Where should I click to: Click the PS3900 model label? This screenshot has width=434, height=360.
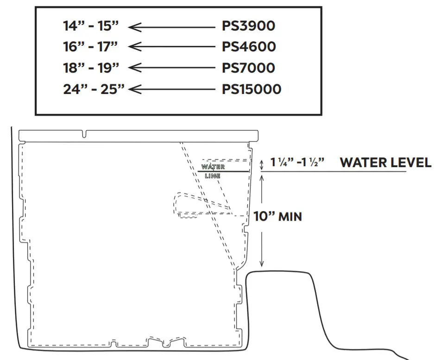(x=248, y=26)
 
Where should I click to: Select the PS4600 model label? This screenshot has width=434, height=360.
(x=249, y=47)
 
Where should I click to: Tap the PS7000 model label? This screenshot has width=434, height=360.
(x=248, y=68)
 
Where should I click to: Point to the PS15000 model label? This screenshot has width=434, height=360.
(x=252, y=89)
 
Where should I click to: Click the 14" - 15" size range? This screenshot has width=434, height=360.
(x=91, y=26)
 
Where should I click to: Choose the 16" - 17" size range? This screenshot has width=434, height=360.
(x=91, y=47)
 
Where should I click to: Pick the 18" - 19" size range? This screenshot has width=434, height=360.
(x=91, y=68)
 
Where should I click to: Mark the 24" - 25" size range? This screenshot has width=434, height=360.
(x=94, y=89)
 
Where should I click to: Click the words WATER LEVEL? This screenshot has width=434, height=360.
(x=385, y=163)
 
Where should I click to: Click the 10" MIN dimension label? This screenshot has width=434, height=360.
(x=277, y=216)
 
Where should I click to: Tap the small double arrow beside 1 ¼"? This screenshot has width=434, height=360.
(x=261, y=164)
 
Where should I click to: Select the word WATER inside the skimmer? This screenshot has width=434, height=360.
(x=213, y=167)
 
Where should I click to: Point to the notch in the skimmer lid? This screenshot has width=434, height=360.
(x=84, y=135)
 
